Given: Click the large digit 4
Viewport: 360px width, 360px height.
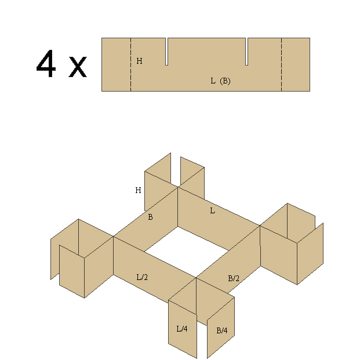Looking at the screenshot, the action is point(46,64).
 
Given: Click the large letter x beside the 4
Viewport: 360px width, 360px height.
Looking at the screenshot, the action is point(78,67).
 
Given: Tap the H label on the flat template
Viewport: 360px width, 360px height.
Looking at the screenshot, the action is point(139,61).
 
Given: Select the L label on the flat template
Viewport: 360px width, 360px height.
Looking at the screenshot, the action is point(213,81).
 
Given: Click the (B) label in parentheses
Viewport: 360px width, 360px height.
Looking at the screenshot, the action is point(225,81).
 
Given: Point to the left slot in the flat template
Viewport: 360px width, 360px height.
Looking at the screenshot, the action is point(167,52).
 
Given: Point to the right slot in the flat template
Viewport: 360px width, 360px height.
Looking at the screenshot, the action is point(246,52).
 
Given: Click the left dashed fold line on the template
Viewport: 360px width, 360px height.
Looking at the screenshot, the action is point(130,64).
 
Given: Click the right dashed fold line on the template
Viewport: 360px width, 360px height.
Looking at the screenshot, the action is point(282,64).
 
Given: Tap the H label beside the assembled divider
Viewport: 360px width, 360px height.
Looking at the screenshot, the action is point(138,190).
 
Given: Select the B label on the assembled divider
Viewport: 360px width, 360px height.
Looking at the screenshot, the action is point(150,217).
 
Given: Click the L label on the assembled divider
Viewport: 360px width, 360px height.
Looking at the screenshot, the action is point(213,210).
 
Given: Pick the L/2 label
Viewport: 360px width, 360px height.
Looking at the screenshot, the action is point(142,277).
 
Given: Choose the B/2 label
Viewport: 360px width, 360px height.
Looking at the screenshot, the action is point(234,278).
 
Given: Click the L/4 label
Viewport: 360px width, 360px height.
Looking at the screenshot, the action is point(182,329).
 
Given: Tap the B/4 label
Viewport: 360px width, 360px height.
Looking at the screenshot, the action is point(222,330).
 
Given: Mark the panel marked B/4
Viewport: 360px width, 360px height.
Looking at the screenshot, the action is point(221,328).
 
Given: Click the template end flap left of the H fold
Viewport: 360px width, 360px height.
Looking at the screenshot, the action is point(116,64).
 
